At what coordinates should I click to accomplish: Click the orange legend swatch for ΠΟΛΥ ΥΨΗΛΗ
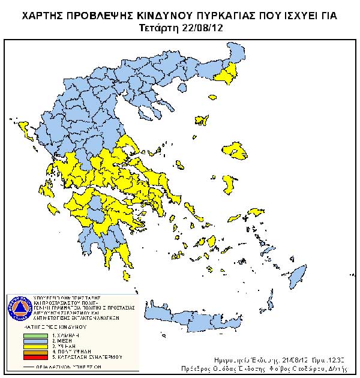tap(35, 352)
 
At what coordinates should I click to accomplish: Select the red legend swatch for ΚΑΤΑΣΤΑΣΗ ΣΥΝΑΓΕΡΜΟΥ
tap(35, 357)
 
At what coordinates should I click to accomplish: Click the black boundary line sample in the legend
tap(35, 365)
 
